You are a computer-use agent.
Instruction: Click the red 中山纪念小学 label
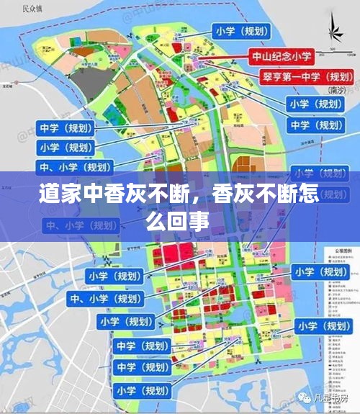(x=282, y=56)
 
